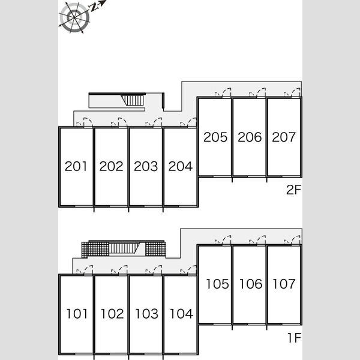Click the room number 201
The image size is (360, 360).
[76, 166]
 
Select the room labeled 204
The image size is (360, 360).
[180, 166]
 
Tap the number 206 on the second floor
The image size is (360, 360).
[250, 137]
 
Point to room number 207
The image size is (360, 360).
[284, 137]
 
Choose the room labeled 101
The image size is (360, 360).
[77, 314]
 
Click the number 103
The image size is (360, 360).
[147, 314]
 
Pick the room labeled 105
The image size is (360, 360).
[217, 284]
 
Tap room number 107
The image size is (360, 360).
[284, 284]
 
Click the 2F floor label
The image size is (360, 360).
[293, 190]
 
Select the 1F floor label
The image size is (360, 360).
[295, 338]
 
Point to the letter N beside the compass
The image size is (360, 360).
[94, 8]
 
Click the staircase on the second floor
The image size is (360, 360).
[133, 101]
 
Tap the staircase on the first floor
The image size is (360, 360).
[124, 248]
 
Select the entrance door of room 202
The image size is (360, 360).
[119, 122]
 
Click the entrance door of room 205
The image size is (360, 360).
[223, 92]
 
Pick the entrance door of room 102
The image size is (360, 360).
[119, 270]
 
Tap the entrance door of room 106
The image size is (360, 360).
[257, 240]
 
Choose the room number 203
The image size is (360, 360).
[146, 166]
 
